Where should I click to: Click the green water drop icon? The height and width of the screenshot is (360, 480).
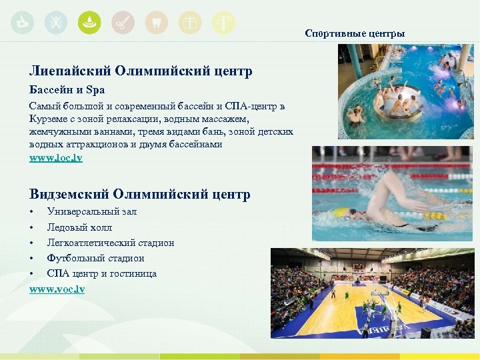[x=89, y=23]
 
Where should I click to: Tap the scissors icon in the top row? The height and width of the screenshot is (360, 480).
[x=123, y=23]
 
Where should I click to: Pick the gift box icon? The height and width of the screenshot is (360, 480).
[x=190, y=23]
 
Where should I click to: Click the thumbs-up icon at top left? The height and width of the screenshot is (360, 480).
[x=23, y=23]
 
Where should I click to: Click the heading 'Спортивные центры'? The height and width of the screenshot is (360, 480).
[x=355, y=33]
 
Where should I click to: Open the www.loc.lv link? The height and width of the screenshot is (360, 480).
[x=55, y=158]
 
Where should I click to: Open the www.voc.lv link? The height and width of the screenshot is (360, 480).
[x=57, y=289]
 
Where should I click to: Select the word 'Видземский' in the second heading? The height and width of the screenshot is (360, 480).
[x=69, y=195]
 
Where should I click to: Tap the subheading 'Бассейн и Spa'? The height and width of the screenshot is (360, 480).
[x=67, y=89]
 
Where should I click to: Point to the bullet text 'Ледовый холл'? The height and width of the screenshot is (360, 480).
[x=79, y=227]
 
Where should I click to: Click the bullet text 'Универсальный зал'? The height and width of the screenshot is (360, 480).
[x=91, y=211]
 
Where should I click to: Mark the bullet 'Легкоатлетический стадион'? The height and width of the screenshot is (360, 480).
[x=110, y=243]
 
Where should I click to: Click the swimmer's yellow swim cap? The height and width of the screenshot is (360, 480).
[x=341, y=212]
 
